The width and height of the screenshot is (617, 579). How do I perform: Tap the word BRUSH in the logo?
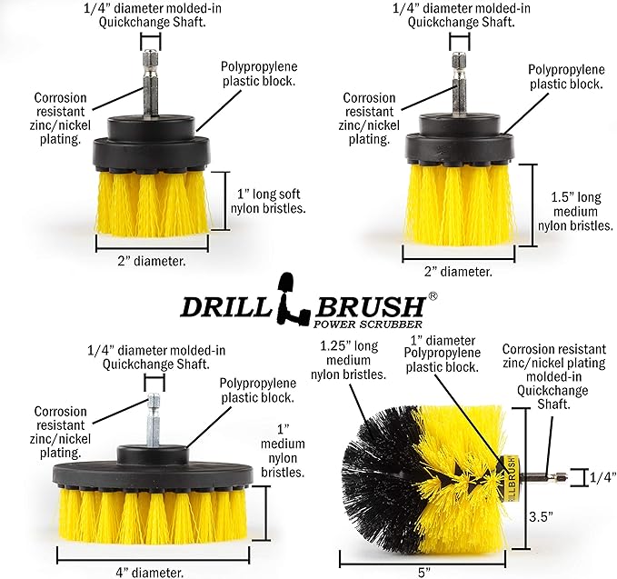pos(365,304)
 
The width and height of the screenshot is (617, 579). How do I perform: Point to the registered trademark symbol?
pos(433,295)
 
